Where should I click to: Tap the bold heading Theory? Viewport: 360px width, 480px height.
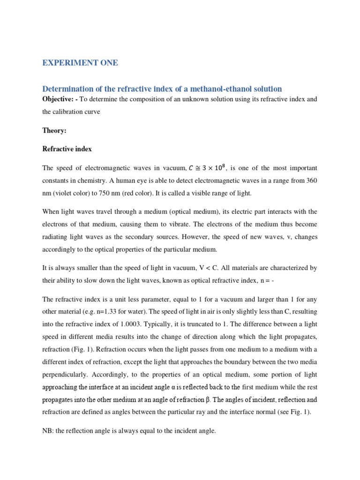tap(54, 131)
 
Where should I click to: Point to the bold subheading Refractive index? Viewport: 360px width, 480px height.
tap(67, 149)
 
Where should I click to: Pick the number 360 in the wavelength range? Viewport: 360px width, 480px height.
tap(310, 180)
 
